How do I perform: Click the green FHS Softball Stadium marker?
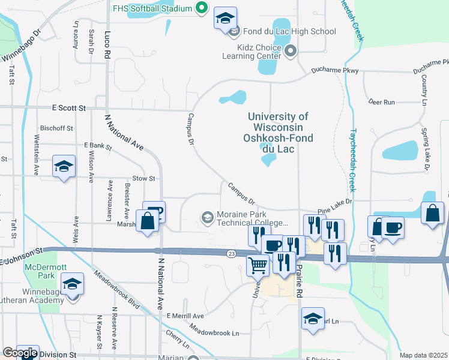pos(202,8)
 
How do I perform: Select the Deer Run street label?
pos(382,102)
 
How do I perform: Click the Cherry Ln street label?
pos(178,339)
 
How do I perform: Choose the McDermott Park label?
pos(39,271)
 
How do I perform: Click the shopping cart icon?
pos(258,265)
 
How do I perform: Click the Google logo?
pos(20,353)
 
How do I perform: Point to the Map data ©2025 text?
pos(423,355)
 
